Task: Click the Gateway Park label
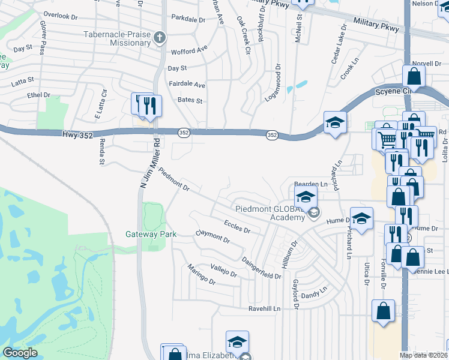tap(151, 234)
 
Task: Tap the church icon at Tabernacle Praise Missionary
tap(159, 38)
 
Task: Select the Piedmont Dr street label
tap(175, 180)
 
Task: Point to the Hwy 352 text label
tap(77, 136)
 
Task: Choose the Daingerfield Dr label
tap(261, 268)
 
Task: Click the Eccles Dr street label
tap(237, 226)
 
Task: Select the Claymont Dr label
tap(212, 237)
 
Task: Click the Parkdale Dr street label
tap(188, 19)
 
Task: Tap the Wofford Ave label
tap(189, 51)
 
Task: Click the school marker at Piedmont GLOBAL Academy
tap(306, 196)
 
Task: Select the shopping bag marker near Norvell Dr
tap(414, 76)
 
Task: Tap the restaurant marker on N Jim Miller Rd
tap(149, 106)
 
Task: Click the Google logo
tap(20, 353)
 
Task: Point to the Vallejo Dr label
tap(224, 271)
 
